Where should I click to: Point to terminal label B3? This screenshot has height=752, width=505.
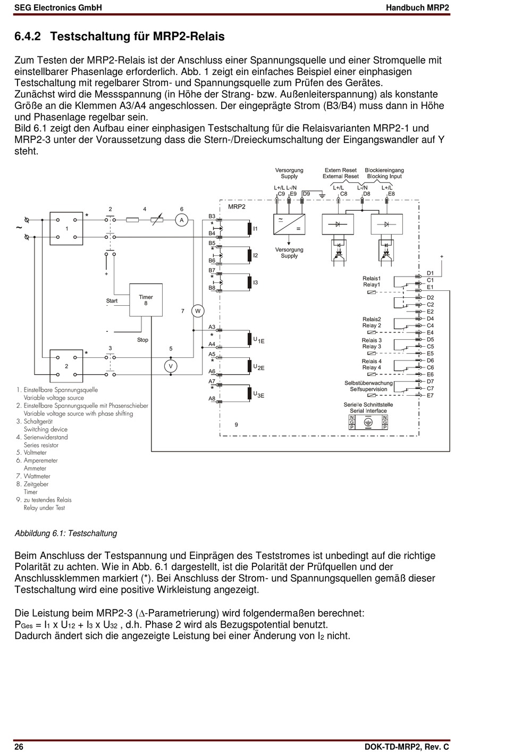coord(212,216)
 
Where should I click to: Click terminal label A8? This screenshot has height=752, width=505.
coord(212,398)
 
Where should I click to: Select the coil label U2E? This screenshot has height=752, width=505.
coord(259,367)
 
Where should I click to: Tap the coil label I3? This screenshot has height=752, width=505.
coord(255,282)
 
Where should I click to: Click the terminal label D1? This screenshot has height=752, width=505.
coord(430,273)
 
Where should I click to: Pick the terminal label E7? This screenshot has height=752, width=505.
coord(430,396)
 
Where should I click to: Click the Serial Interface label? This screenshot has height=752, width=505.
coord(368,411)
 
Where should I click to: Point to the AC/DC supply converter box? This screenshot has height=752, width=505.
coord(289,224)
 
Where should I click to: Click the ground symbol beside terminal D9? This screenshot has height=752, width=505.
coord(322,195)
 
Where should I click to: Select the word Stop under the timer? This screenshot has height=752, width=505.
coord(142,340)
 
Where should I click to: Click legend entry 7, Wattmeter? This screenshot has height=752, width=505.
coord(33,476)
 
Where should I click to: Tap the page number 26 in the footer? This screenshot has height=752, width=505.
coord(19,747)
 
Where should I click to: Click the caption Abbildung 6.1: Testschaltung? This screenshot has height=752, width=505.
coord(66,533)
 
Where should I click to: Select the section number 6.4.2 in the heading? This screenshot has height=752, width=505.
coord(28,36)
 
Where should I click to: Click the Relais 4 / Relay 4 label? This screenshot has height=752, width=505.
coord(372,364)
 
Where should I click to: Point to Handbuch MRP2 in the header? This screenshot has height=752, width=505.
coord(417,7)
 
